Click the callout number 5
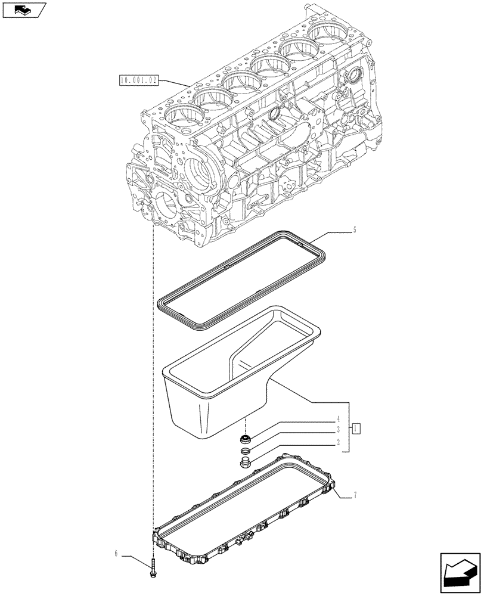tap(355, 229)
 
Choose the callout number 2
tap(337, 443)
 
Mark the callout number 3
tap(337, 429)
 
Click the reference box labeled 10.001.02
tap(138, 80)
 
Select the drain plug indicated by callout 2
tap(244, 465)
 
